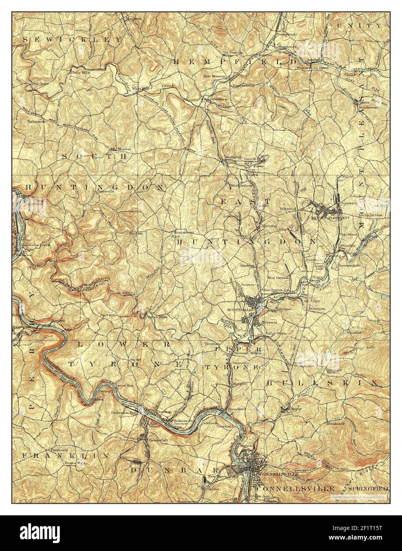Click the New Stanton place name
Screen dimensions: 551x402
[214, 76]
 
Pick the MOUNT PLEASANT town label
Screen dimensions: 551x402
[326, 218]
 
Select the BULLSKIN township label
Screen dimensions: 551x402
[321, 383]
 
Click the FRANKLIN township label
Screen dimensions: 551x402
[65, 456]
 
